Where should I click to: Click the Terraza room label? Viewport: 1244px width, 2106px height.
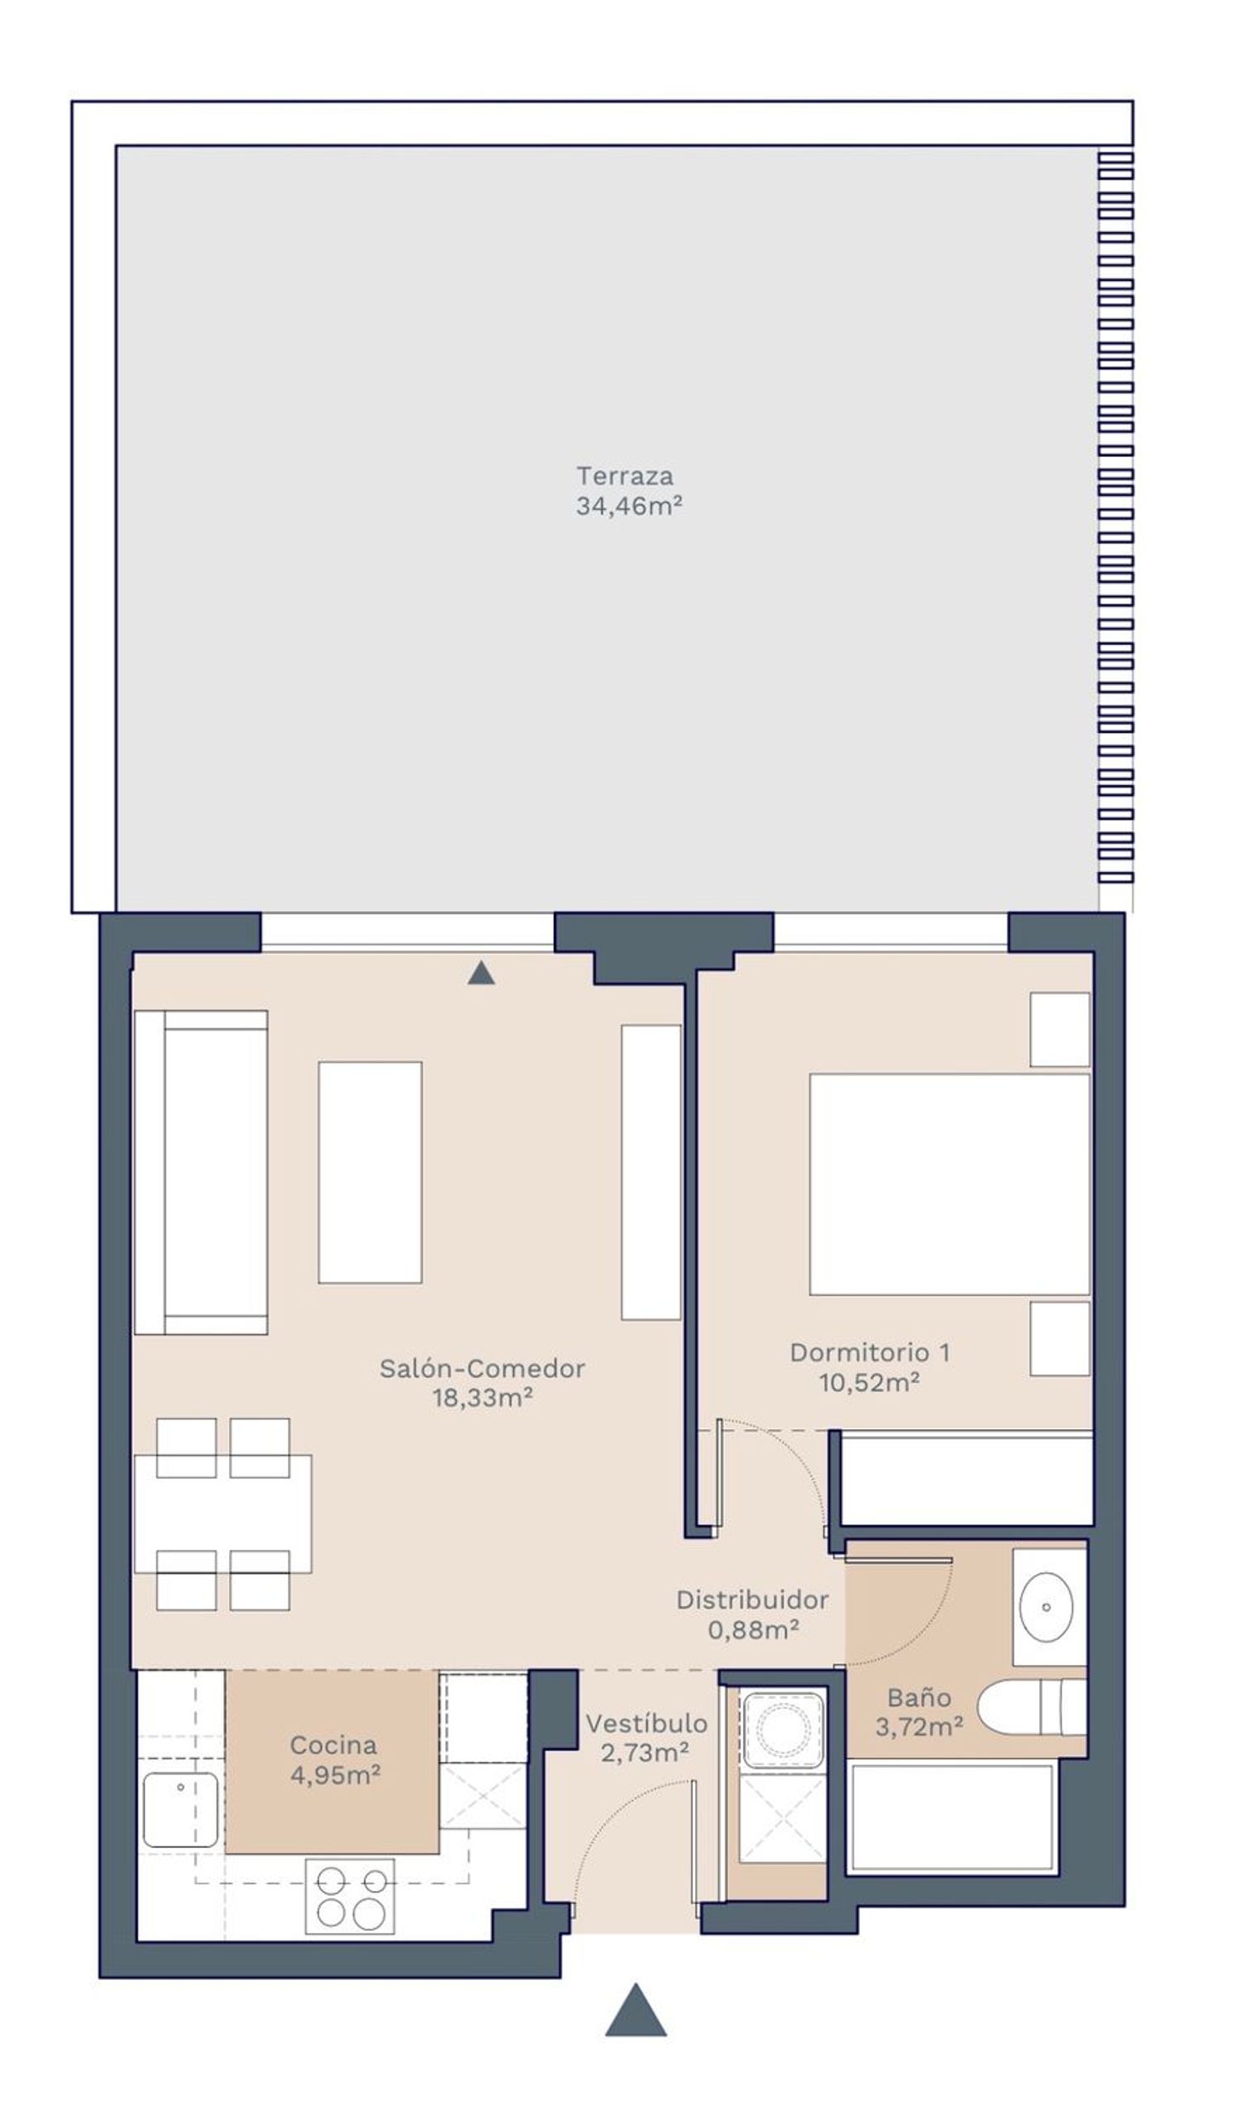(624, 476)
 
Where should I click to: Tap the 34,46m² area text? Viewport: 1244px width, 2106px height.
(629, 506)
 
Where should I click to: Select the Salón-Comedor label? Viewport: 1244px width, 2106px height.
(482, 1369)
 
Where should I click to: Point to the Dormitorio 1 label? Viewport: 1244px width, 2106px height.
(870, 1352)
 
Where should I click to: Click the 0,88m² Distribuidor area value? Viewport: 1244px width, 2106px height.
(753, 1630)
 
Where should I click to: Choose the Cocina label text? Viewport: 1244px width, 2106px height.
(333, 1744)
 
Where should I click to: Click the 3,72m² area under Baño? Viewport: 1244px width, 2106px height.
(919, 1726)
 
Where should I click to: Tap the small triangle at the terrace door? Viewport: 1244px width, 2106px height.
(480, 972)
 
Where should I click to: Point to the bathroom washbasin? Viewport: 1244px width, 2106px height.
(1046, 1608)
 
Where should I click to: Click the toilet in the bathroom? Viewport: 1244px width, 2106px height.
(1032, 1707)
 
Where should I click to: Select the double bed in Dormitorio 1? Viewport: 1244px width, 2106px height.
(950, 1184)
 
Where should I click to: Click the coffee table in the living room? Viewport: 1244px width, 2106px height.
(370, 1172)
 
